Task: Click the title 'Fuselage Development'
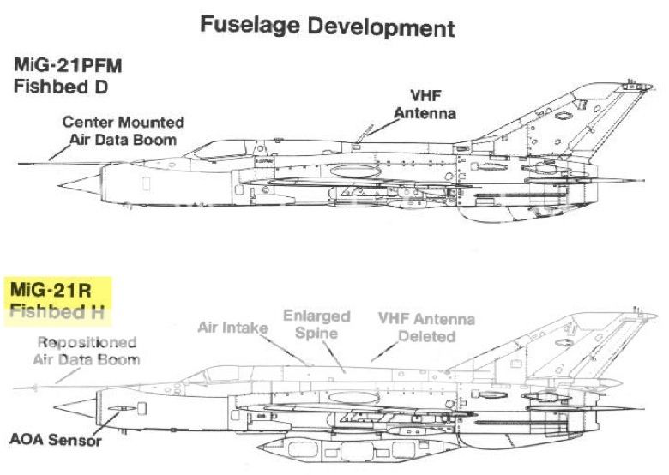pyautogui.click(x=327, y=26)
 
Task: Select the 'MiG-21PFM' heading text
pyautogui.click(x=67, y=65)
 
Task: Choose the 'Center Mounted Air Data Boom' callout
pyautogui.click(x=123, y=130)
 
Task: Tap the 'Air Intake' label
pyautogui.click(x=232, y=327)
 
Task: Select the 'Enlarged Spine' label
pyautogui.click(x=316, y=323)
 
